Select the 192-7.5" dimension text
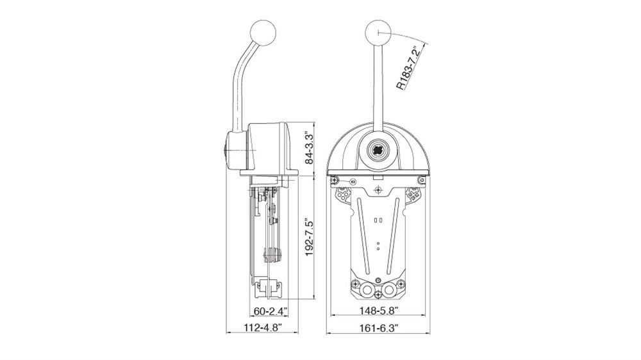click(x=310, y=238)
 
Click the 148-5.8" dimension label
click(x=379, y=311)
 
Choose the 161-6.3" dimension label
click(x=379, y=327)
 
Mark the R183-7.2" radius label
click(x=409, y=67)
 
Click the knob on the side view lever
click(x=263, y=32)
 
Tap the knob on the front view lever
click(x=379, y=32)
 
